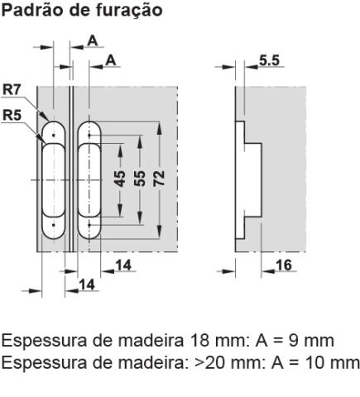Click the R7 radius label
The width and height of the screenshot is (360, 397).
click(12, 90)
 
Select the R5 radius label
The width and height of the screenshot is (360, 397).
click(12, 115)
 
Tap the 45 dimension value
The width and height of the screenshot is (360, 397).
click(120, 179)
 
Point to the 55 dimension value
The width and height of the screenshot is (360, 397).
click(140, 179)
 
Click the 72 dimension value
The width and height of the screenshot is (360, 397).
click(160, 179)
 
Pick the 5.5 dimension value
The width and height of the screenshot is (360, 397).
click(269, 60)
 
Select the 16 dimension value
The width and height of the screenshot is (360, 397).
click(284, 265)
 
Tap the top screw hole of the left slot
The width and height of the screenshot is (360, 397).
click(54, 136)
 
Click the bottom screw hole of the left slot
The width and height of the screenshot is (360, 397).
click(54, 225)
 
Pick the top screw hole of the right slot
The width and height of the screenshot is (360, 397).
click(89, 136)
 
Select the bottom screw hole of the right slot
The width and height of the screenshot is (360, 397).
click(89, 225)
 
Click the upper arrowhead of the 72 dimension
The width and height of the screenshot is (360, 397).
click(160, 127)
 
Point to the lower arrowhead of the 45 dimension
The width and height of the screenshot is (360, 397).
click(120, 211)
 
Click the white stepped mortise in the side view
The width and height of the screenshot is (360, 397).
click(248, 179)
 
